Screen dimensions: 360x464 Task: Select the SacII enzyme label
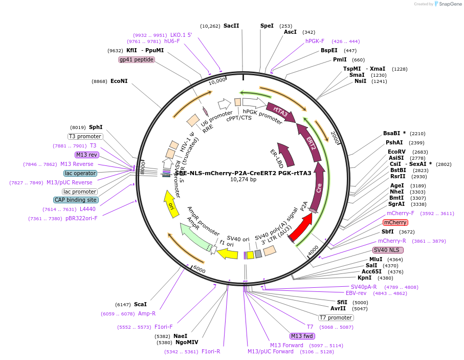[231, 26]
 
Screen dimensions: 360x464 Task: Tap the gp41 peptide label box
[136, 59]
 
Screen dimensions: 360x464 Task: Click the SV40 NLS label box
[388, 250]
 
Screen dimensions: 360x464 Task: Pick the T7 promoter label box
[336, 317]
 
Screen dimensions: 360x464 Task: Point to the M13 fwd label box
[302, 336]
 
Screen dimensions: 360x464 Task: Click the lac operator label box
[80, 173]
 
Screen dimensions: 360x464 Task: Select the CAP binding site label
[75, 200]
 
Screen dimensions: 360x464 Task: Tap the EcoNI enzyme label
[119, 81]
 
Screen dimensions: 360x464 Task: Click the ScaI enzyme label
[140, 304]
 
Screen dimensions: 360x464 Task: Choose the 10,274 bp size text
[243, 179]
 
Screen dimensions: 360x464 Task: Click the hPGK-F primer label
[315, 41]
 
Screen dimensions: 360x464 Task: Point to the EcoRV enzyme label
[396, 152]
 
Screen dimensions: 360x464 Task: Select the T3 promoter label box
[85, 136]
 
